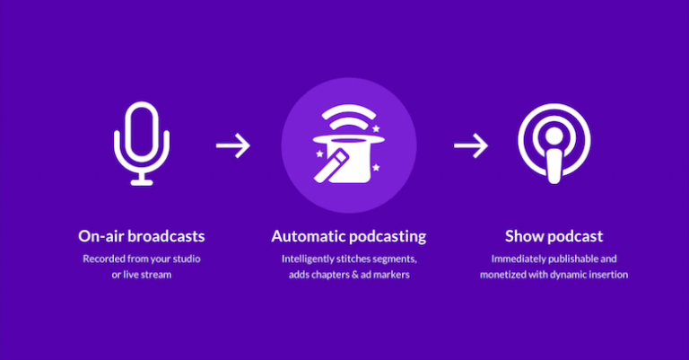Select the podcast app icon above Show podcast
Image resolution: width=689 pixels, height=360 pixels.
[554, 144]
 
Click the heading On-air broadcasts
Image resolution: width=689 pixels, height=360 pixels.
[141, 237]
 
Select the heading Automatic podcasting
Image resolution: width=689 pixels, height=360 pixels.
[349, 237]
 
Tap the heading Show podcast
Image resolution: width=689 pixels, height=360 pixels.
[554, 237]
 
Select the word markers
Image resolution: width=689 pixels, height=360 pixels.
[396, 274]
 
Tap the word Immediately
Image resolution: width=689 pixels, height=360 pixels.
[519, 259]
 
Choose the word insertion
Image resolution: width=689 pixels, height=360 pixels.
[607, 274]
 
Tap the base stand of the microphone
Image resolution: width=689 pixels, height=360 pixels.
[141, 181]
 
